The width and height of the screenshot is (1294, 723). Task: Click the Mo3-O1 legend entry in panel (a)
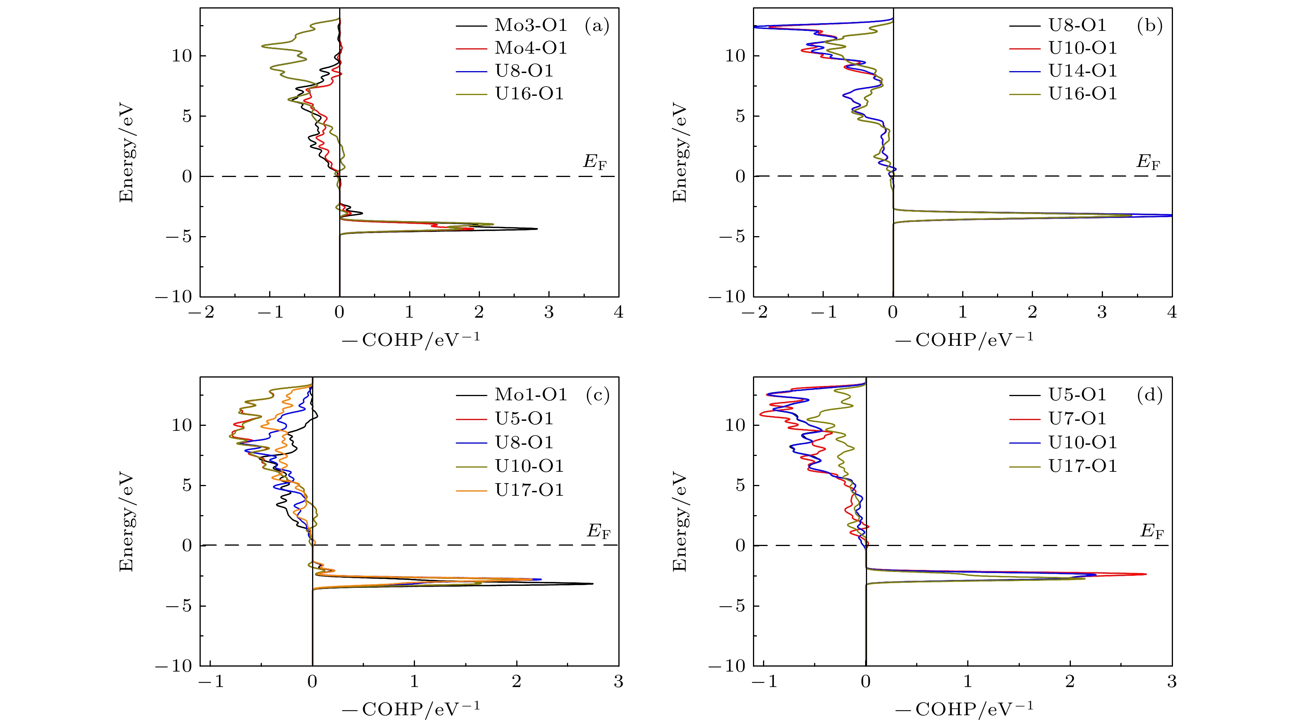531,25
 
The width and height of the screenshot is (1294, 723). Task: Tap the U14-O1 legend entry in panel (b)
1082,71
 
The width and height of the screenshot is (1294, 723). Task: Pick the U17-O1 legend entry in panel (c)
529,490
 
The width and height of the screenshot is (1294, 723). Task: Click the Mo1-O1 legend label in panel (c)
531,395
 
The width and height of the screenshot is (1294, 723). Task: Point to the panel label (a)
597,25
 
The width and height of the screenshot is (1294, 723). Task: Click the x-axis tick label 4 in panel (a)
618,312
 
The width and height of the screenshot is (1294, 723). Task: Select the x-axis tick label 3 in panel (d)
1171,682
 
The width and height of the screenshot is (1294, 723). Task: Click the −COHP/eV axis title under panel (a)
411,340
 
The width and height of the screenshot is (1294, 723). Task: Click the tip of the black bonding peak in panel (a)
537,229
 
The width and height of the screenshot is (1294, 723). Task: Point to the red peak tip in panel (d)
1146,574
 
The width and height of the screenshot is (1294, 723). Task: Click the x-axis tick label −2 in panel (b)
754,312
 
